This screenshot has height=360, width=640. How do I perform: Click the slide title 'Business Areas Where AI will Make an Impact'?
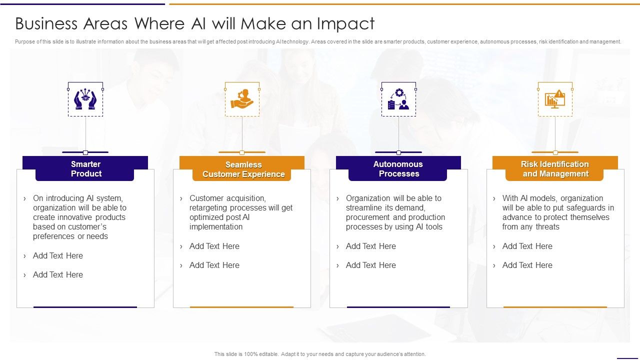(x=195, y=23)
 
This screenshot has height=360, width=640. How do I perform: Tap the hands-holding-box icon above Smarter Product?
(x=85, y=99)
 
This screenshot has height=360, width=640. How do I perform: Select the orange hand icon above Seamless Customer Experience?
(x=242, y=99)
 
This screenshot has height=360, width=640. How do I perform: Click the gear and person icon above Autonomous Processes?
(x=398, y=99)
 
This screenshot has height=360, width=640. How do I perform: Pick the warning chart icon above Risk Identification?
(x=555, y=99)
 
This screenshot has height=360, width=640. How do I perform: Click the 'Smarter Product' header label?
(x=85, y=169)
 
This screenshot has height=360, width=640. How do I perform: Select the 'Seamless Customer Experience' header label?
(x=243, y=169)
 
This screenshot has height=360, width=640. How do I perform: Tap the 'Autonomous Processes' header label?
(x=398, y=169)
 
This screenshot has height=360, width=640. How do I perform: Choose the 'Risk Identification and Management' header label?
(x=555, y=169)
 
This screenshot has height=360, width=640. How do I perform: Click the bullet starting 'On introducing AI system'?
(x=79, y=217)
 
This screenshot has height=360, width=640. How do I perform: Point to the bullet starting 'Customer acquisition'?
(x=240, y=212)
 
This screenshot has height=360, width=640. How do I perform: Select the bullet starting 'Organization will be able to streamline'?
(x=395, y=212)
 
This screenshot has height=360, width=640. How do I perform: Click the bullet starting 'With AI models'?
(x=557, y=212)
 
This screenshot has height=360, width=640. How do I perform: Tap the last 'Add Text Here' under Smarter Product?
(x=58, y=274)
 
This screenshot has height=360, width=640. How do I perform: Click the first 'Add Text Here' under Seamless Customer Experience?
(x=214, y=246)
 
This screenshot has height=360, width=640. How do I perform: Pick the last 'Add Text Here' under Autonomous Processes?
(x=371, y=265)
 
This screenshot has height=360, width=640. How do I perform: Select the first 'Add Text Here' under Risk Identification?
(x=527, y=246)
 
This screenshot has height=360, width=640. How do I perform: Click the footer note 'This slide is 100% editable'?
(x=320, y=354)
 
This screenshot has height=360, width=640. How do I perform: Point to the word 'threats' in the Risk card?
(x=546, y=227)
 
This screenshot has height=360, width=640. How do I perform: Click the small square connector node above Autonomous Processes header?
(x=398, y=152)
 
